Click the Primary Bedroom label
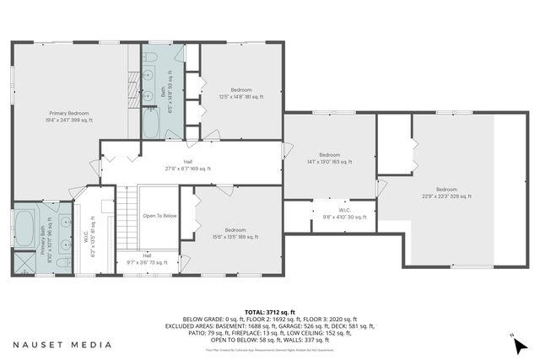point(69,116)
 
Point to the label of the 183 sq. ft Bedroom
point(329,159)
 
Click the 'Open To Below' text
point(159,216)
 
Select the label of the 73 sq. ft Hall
point(147,259)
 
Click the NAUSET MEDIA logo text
point(62,344)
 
